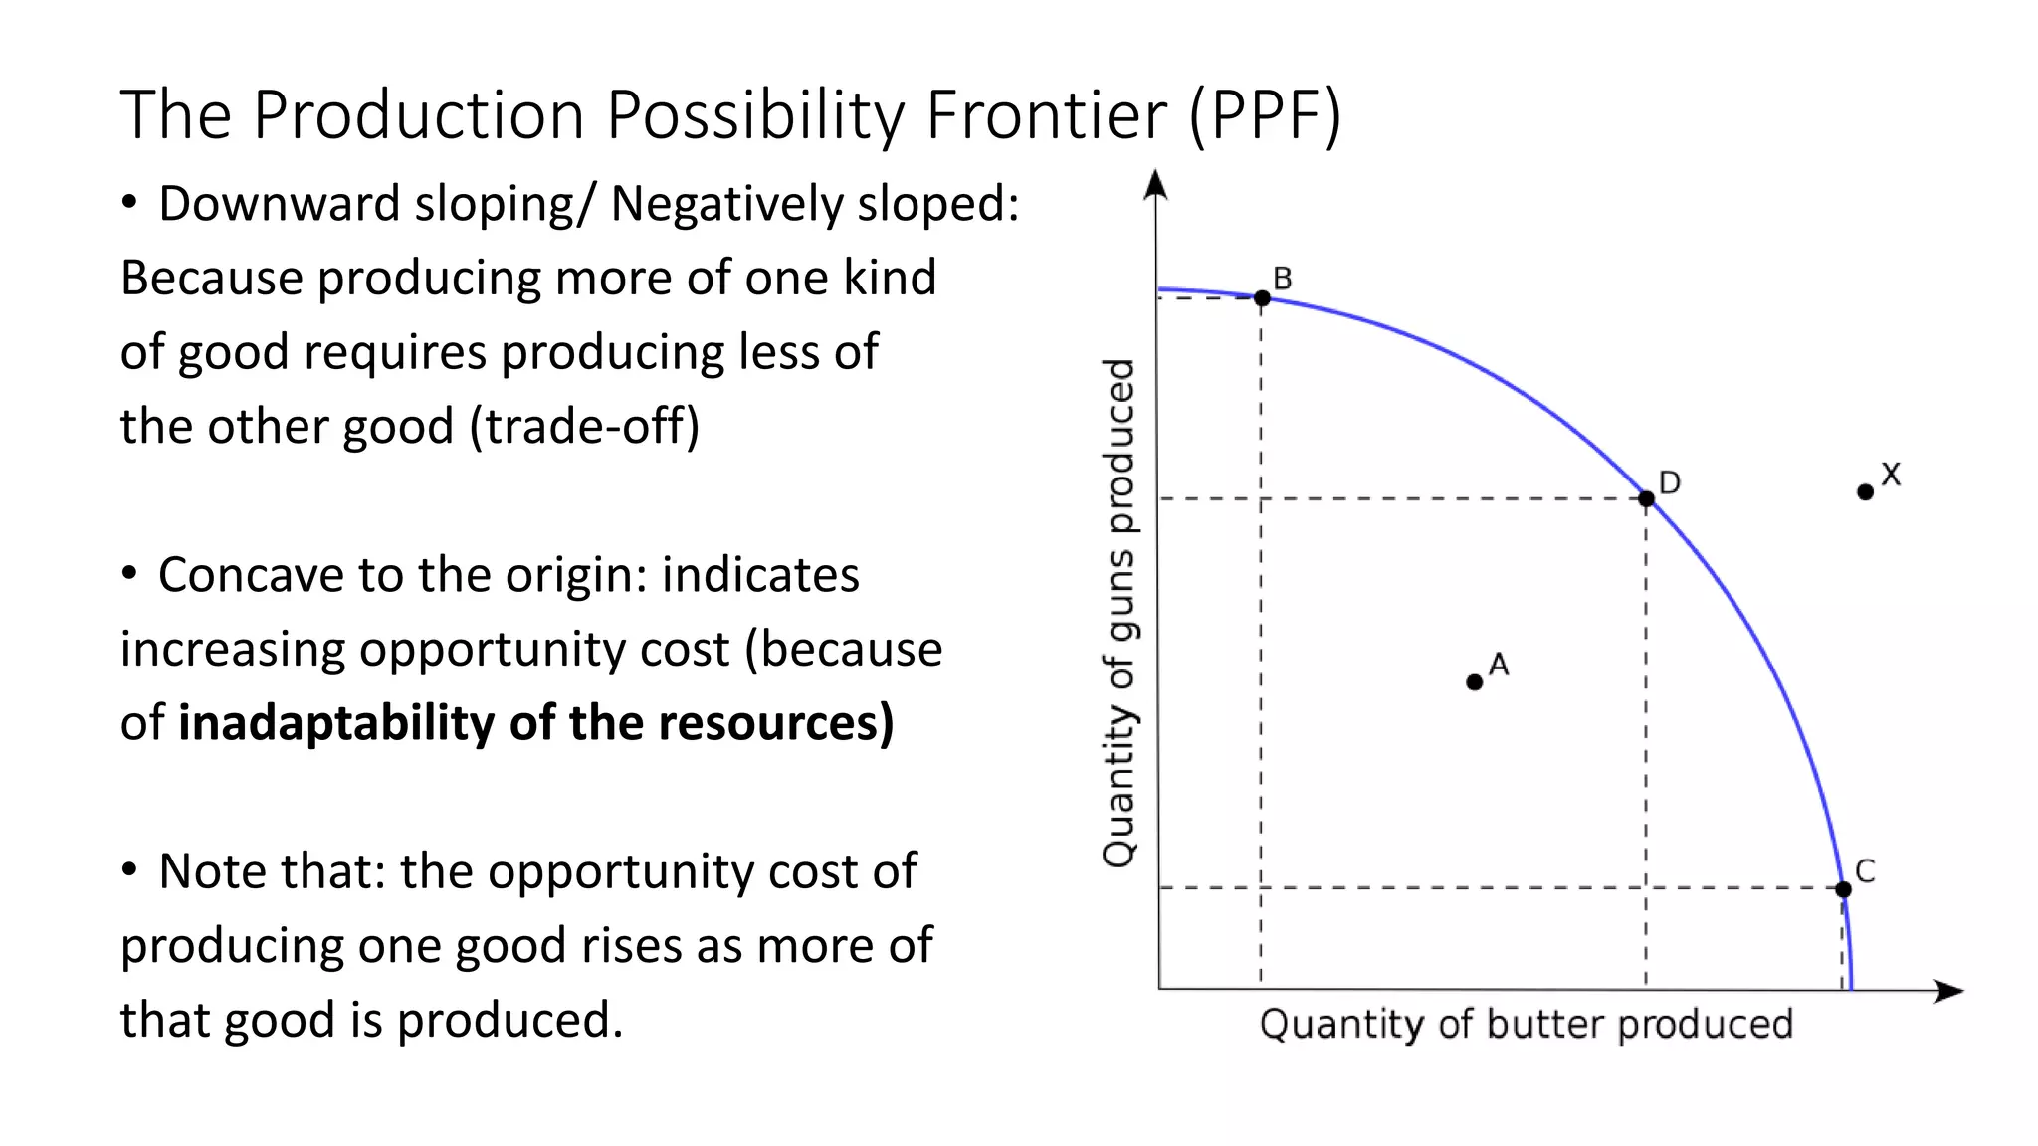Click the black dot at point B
(1262, 297)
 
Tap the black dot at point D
(1646, 498)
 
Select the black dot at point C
(1843, 888)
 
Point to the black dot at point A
(1474, 681)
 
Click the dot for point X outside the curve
(1865, 491)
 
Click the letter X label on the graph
(1891, 475)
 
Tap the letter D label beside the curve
(1670, 482)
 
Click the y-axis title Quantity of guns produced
(1120, 612)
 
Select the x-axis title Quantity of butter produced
(1526, 1024)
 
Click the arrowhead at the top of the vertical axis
(1155, 185)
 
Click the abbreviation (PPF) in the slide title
(1265, 115)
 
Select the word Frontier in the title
(1046, 115)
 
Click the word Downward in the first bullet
(279, 204)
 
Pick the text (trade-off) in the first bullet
(584, 427)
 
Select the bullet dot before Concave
(129, 574)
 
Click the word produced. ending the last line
(509, 1021)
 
